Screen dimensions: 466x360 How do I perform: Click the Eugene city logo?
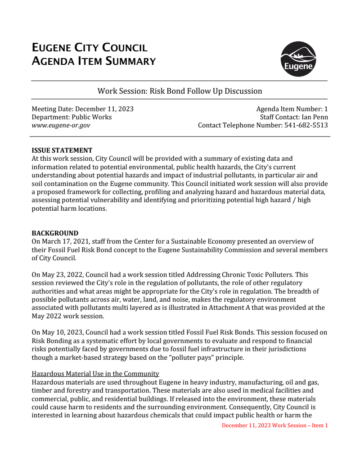[x=298, y=59]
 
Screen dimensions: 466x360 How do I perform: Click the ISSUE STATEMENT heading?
[x=62, y=150]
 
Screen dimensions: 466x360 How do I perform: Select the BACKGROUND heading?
[x=54, y=233]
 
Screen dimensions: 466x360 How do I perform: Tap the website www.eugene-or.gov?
[x=60, y=125]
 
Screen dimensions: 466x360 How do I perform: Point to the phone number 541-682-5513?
[x=306, y=125]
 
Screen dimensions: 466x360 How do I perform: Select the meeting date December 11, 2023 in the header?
[x=104, y=109]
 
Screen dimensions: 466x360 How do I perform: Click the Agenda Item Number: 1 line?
[x=292, y=109]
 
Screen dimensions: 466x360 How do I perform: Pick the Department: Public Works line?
[x=72, y=117]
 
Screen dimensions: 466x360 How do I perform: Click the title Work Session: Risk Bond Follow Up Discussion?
[x=180, y=91]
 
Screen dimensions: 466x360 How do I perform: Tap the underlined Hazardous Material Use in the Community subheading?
[x=95, y=374]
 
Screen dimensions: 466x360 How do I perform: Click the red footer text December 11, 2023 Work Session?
[x=274, y=425]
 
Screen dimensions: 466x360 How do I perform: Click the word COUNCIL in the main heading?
[x=125, y=48]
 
